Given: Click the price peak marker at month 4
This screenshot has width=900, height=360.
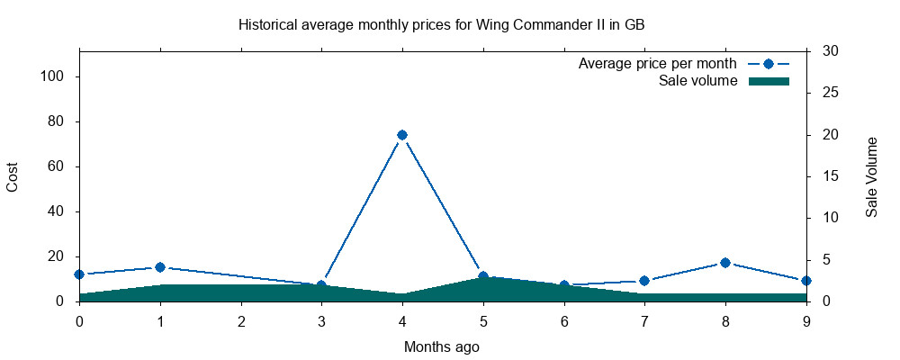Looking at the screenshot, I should coord(402,135).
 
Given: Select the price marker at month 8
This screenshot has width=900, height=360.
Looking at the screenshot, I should coord(725,263).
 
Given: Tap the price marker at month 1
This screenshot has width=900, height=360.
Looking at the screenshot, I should coord(160,267).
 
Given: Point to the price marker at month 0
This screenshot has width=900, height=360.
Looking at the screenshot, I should coord(79,274).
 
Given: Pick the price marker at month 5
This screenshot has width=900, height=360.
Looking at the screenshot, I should coord(483,276).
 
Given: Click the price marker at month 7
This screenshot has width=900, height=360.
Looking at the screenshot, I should coord(644,281).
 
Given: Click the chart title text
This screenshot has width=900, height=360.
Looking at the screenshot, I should coord(441,24).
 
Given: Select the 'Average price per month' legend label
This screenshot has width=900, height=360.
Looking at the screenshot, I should coord(658,64).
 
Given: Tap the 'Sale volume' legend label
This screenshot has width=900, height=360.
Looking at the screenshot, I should coord(698,81).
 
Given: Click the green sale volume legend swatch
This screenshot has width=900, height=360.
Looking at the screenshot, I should coord(769,81).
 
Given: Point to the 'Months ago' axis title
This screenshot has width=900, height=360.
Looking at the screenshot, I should coord(442,346).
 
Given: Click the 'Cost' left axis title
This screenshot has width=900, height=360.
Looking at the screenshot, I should coord(13,175).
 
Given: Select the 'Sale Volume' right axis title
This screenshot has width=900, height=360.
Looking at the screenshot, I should coord(871,176).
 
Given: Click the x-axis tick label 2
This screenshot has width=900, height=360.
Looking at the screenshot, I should coord(241,320).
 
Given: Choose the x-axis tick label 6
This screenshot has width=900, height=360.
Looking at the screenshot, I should coord(564,320).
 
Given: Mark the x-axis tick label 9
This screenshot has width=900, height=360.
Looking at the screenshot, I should coord(806,320).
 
